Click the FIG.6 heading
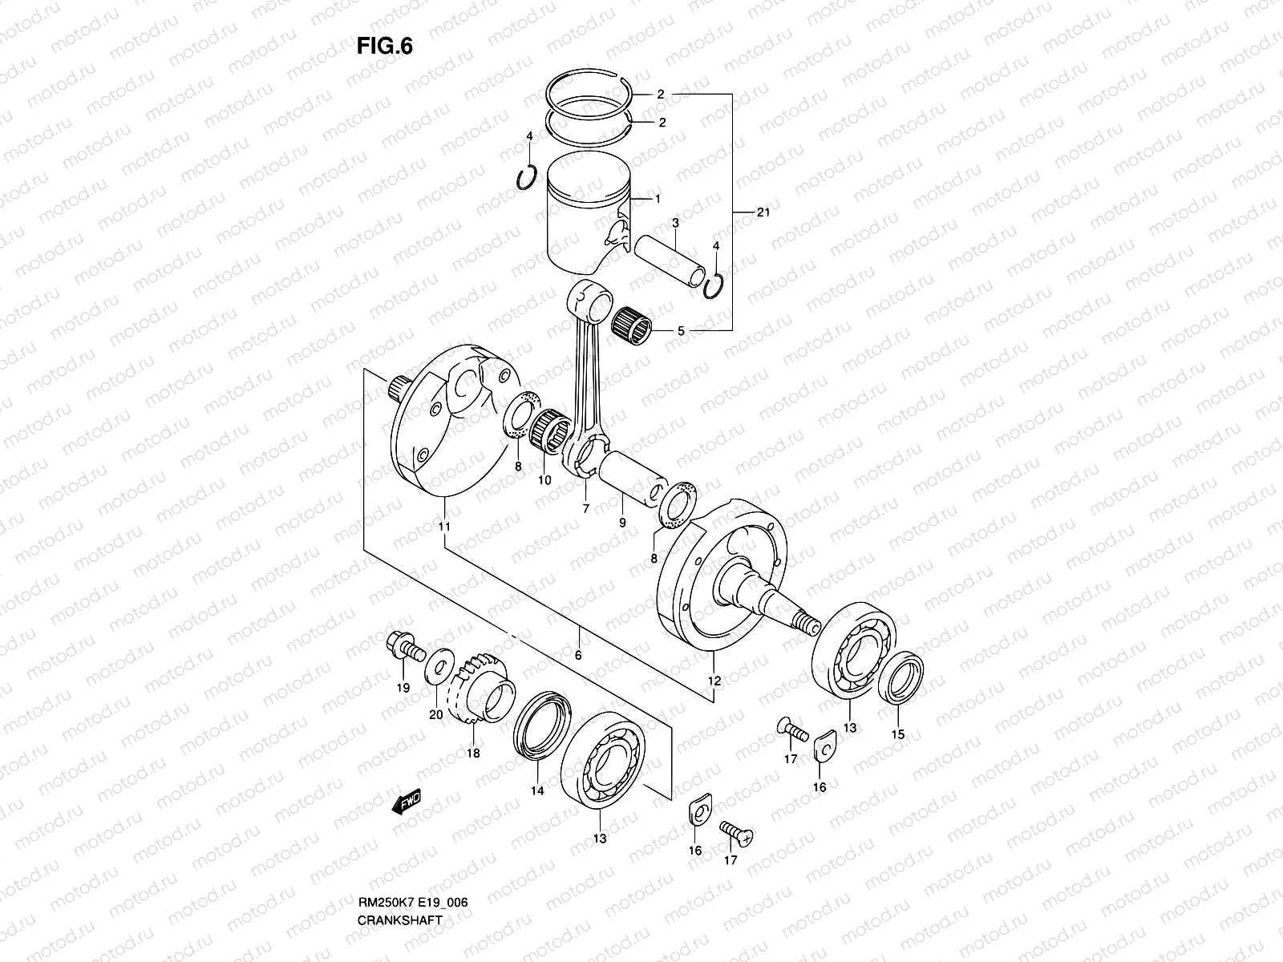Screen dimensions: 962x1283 (384, 46)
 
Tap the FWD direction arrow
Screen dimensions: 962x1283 (407, 802)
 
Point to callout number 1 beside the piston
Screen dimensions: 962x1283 (658, 198)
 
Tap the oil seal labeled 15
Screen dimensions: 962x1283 (901, 678)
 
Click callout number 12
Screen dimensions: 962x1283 (714, 681)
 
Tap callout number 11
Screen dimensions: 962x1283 (444, 527)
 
